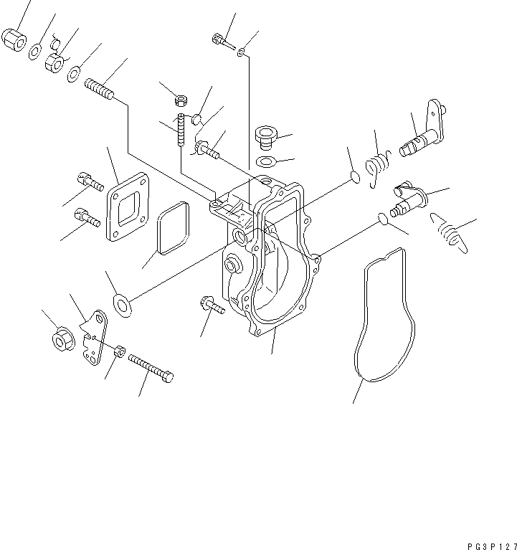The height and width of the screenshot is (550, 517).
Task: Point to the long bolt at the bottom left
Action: pyautogui.click(x=151, y=369)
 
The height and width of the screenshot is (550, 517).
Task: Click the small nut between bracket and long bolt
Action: pyautogui.click(x=120, y=351)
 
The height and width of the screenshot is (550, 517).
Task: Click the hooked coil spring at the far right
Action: pyautogui.click(x=450, y=232)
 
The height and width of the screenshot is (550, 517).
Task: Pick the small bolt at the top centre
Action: pyautogui.click(x=223, y=42)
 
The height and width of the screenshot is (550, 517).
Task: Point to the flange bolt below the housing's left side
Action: pyautogui.click(x=212, y=308)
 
